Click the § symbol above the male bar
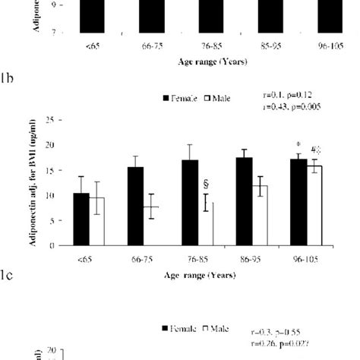click(205, 184)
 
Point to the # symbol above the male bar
click(314, 150)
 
